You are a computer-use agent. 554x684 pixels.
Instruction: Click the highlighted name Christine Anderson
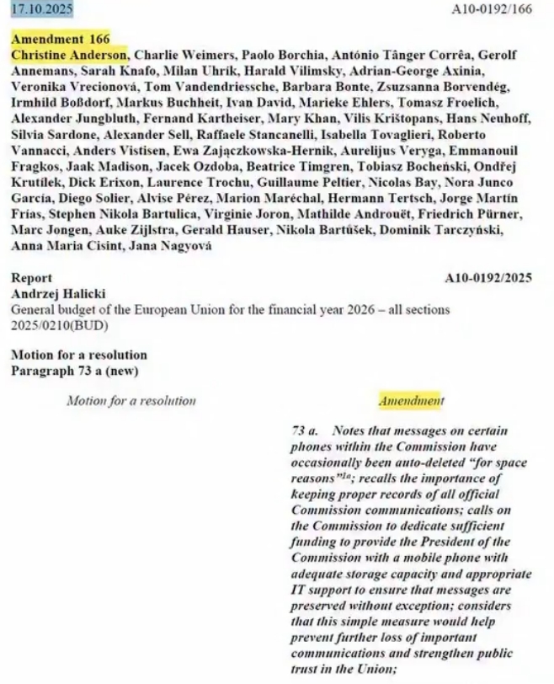(x=68, y=54)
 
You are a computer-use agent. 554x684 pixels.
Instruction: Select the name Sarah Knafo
(x=97, y=70)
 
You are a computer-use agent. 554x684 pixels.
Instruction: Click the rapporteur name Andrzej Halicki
(x=51, y=294)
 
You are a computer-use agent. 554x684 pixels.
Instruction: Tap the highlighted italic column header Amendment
(x=411, y=401)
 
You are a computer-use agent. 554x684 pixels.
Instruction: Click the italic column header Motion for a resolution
(x=131, y=401)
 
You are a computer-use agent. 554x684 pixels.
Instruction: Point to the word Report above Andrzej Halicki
(x=31, y=278)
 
